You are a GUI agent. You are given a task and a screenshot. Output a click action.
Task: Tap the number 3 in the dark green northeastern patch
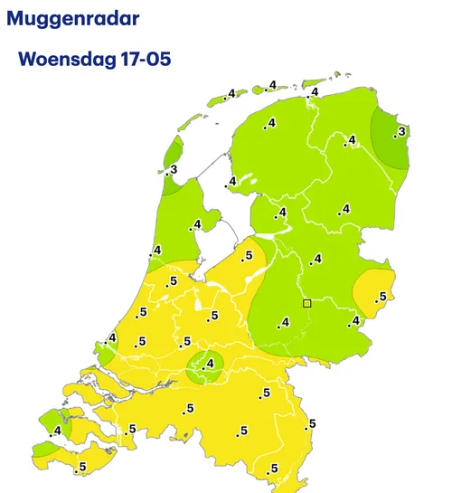[x=401, y=133]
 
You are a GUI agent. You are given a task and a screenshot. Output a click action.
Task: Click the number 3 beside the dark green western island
[x=173, y=169]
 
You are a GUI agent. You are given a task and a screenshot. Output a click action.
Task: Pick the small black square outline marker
[x=307, y=303]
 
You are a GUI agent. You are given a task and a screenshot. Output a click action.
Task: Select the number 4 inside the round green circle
[x=212, y=365]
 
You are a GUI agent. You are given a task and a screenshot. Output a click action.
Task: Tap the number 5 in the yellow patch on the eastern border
[x=382, y=297]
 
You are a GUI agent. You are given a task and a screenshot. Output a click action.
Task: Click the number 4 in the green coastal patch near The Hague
[x=113, y=339]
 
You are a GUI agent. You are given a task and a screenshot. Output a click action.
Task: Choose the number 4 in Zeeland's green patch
[x=57, y=431]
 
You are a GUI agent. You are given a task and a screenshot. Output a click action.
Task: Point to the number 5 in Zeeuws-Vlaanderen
[x=82, y=468]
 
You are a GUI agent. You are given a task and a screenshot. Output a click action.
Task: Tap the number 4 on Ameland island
[x=272, y=86]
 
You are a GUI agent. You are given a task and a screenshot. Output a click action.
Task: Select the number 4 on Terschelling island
[x=231, y=94]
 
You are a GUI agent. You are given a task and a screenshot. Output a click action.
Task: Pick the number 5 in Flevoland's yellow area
[x=249, y=256]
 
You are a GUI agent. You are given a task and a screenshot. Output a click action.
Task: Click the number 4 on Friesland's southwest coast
[x=232, y=182]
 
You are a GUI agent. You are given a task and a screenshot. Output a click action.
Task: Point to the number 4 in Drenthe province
[x=345, y=210]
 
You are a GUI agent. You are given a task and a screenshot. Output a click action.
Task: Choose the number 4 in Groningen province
[x=351, y=139]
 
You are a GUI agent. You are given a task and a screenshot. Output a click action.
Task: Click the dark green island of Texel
[x=172, y=154]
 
